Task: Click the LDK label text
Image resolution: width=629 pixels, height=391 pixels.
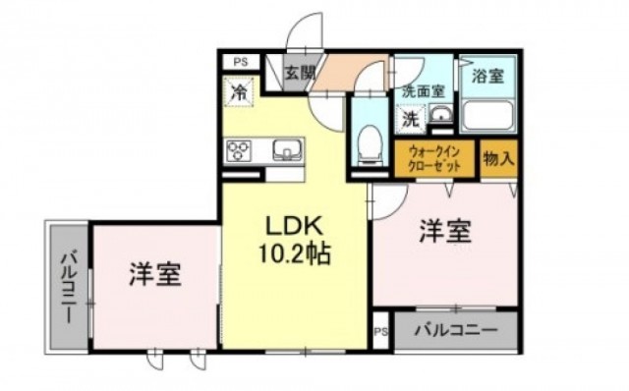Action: click(x=295, y=227)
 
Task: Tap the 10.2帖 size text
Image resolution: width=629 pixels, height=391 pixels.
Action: click(x=295, y=253)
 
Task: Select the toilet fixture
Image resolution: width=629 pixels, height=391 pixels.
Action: click(x=370, y=144)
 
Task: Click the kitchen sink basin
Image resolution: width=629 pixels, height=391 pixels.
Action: click(x=288, y=150)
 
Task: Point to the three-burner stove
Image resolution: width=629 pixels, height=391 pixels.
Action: click(x=239, y=150)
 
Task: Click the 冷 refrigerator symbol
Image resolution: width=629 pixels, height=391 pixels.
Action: click(x=239, y=92)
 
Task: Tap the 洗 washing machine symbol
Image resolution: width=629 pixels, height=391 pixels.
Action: click(x=411, y=119)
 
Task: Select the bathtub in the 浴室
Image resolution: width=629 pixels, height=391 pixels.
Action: click(x=487, y=116)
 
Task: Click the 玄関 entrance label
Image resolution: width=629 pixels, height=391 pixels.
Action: click(x=300, y=73)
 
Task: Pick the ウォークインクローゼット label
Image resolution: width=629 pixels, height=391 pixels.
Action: click(x=434, y=158)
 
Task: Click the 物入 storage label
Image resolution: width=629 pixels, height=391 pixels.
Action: click(x=498, y=159)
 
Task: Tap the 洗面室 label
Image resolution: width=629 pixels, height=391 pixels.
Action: click(x=424, y=91)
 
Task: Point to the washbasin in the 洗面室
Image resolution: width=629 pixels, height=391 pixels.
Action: click(x=440, y=114)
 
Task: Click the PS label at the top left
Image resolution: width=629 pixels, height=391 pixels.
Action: click(x=241, y=62)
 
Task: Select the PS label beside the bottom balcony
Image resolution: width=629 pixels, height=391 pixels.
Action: click(x=381, y=332)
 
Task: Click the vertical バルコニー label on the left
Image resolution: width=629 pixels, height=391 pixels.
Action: click(x=68, y=287)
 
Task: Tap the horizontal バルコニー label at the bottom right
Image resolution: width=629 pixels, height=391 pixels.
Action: click(x=456, y=330)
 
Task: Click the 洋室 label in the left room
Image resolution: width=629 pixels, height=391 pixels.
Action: click(x=155, y=274)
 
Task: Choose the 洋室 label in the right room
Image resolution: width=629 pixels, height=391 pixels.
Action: click(x=445, y=232)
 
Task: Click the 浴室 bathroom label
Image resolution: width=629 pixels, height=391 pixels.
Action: click(x=487, y=77)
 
